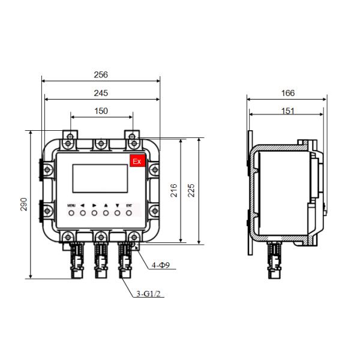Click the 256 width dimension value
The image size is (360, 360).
(x=101, y=75)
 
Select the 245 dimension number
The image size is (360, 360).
(x=101, y=93)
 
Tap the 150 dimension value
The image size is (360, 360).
(x=101, y=111)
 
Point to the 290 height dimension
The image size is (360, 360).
(x=23, y=204)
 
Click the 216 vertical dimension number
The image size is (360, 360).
(x=174, y=190)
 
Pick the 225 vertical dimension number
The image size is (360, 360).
(x=191, y=190)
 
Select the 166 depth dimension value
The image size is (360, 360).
(x=288, y=93)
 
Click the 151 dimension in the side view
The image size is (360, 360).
(x=288, y=111)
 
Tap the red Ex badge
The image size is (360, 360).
(x=137, y=161)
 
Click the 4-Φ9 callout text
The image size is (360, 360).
(x=161, y=265)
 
